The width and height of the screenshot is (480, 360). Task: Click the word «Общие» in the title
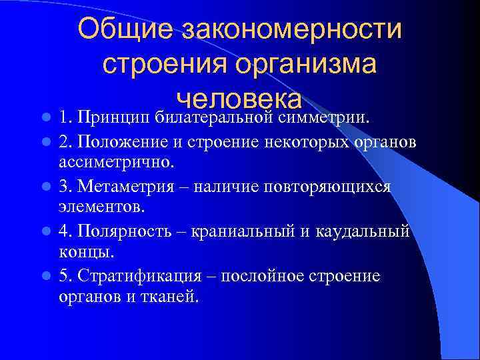pos(125,29)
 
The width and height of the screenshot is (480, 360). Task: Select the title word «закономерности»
pos(291,29)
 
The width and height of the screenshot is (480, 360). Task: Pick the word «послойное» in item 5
pos(262,275)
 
